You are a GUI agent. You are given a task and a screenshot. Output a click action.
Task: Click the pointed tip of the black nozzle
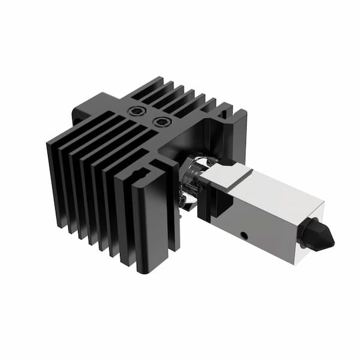(x=332, y=242)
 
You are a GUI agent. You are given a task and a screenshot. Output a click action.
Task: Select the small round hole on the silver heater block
(x=243, y=233)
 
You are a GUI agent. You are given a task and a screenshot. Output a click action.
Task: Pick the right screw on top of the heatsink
(x=161, y=122)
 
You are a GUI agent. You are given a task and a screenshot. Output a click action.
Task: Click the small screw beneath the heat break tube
(x=182, y=204)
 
